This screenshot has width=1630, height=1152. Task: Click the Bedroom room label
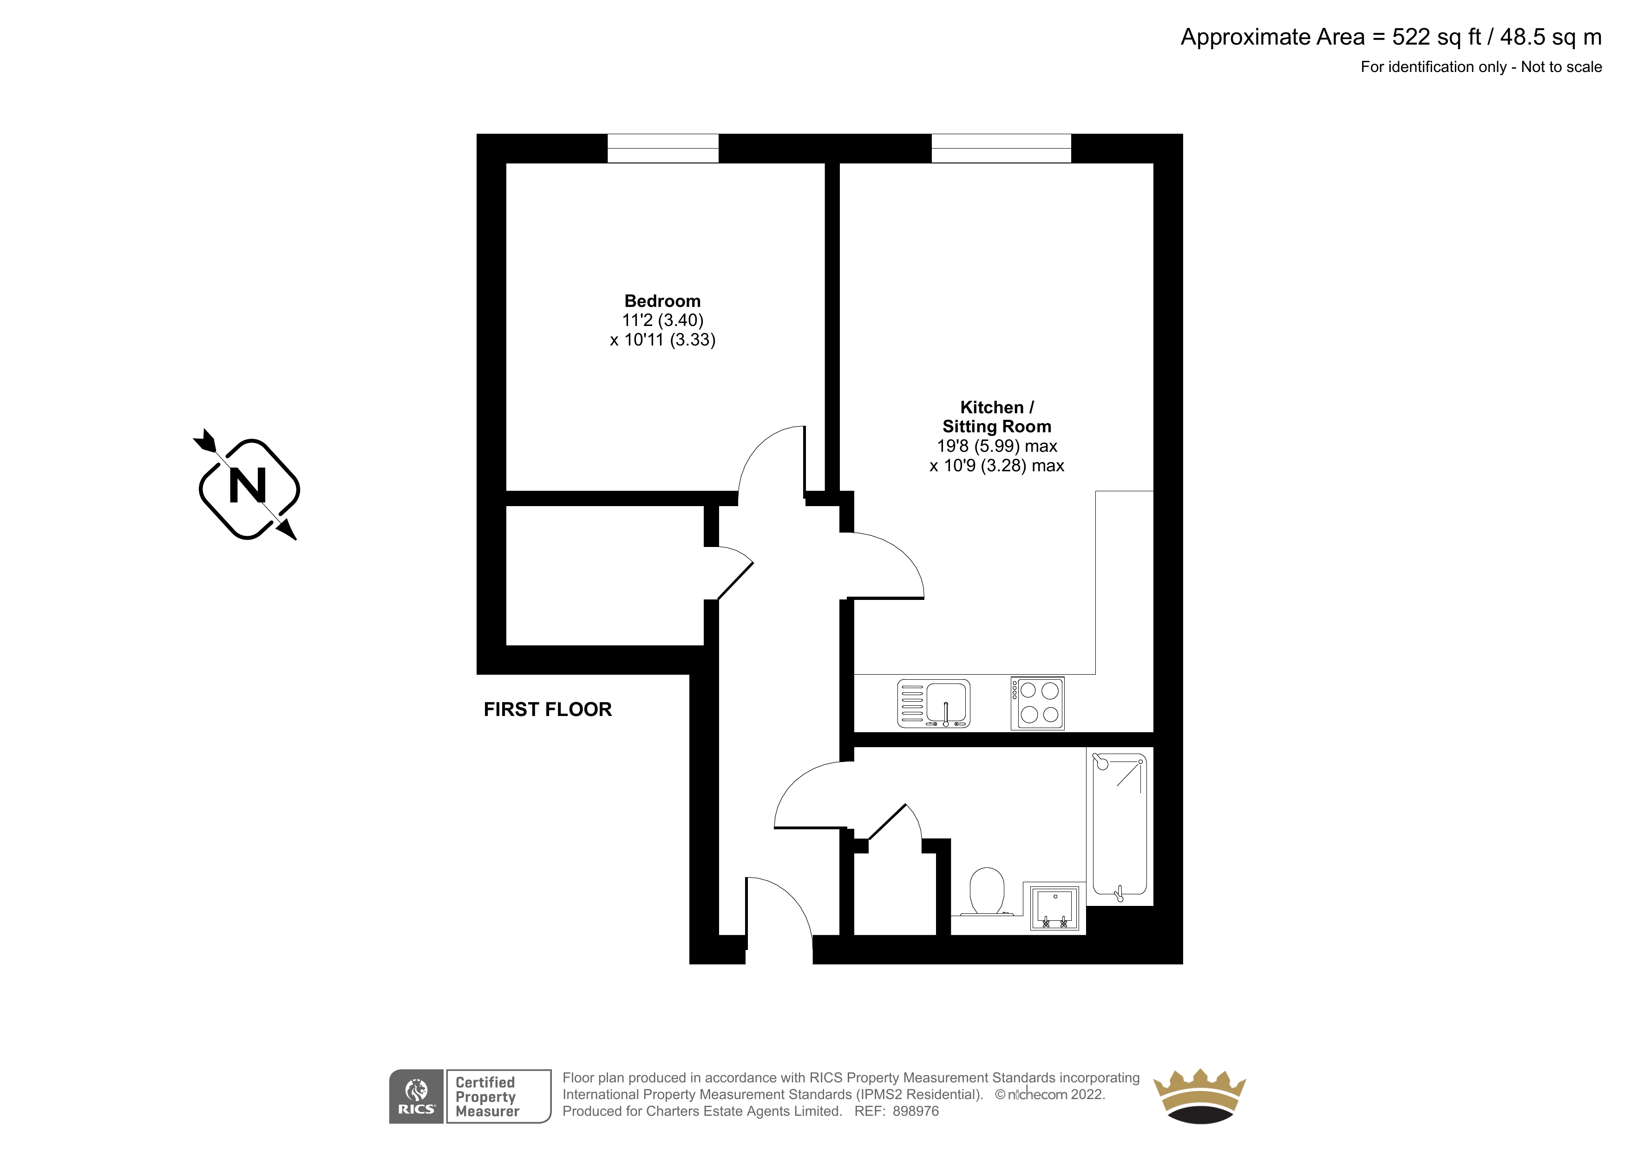662,301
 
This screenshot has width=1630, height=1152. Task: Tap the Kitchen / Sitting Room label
997,417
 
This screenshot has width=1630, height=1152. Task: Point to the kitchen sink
934,703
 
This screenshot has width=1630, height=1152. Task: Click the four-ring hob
1037,703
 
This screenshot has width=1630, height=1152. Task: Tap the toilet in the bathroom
986,891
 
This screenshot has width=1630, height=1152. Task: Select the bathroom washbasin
1054,908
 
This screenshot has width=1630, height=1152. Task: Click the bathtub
1119,827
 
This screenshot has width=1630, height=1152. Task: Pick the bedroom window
663,148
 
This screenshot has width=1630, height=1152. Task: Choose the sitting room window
1001,148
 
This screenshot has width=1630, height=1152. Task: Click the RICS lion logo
416,1096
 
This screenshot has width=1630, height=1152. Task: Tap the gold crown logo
1199,1097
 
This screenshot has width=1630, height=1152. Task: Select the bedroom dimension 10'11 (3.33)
662,340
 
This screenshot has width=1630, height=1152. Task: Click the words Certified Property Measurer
487,1097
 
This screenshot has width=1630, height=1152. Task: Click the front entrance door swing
779,912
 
